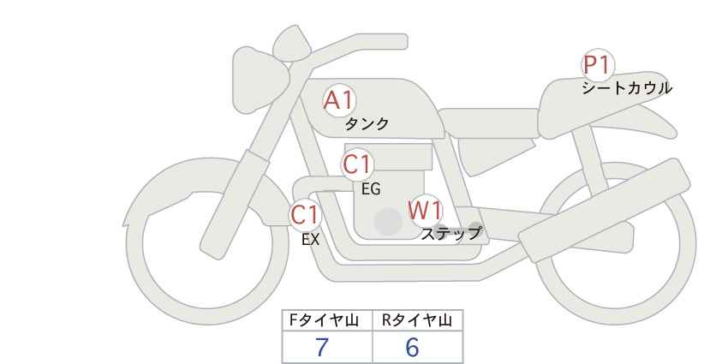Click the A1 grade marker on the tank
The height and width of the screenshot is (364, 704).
pos(339,101)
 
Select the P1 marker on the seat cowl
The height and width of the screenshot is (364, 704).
pos(597,64)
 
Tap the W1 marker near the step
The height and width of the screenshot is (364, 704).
pos(425,210)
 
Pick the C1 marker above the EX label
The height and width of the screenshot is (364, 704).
pos(305,214)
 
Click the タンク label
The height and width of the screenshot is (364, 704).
pos(367,124)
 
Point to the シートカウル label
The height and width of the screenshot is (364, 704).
pos(626,88)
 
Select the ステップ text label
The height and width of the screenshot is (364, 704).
pos(450,233)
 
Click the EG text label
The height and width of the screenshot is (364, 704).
pos(371,189)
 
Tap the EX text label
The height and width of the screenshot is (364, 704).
pos(310,240)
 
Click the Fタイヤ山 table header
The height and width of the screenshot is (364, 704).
pos(328,320)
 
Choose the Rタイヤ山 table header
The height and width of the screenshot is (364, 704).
pos(417,320)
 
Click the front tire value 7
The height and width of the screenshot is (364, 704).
pos(322,347)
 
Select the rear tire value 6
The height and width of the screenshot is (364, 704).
pos(412,347)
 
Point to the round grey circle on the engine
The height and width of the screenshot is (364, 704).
pos(388,221)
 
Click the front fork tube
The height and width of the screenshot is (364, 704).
pos(229,197)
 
